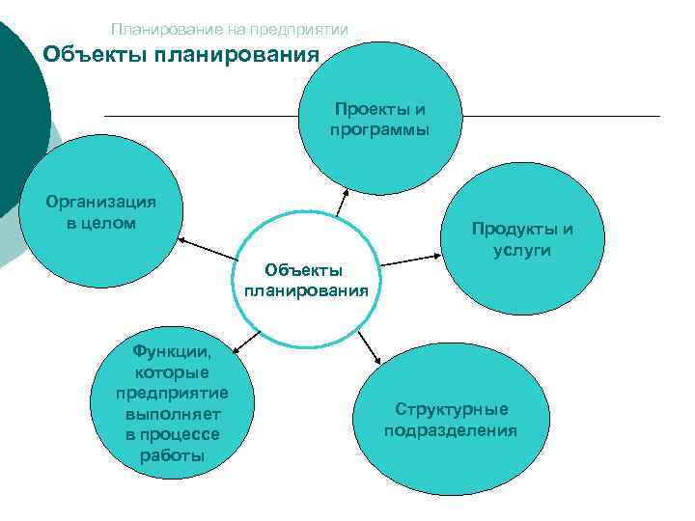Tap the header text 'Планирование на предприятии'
[229, 30]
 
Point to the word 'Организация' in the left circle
[101, 203]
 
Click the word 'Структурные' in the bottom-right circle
[451, 409]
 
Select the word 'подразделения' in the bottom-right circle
[451, 429]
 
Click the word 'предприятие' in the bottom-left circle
[172, 394]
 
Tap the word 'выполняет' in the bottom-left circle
[172, 415]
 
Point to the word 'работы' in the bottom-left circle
[172, 455]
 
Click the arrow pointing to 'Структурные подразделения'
[369, 345]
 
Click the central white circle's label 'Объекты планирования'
[306, 279]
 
